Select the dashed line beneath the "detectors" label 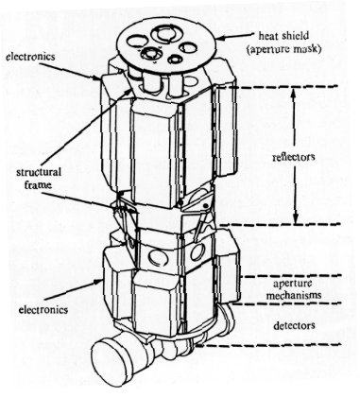coord(283,345)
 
